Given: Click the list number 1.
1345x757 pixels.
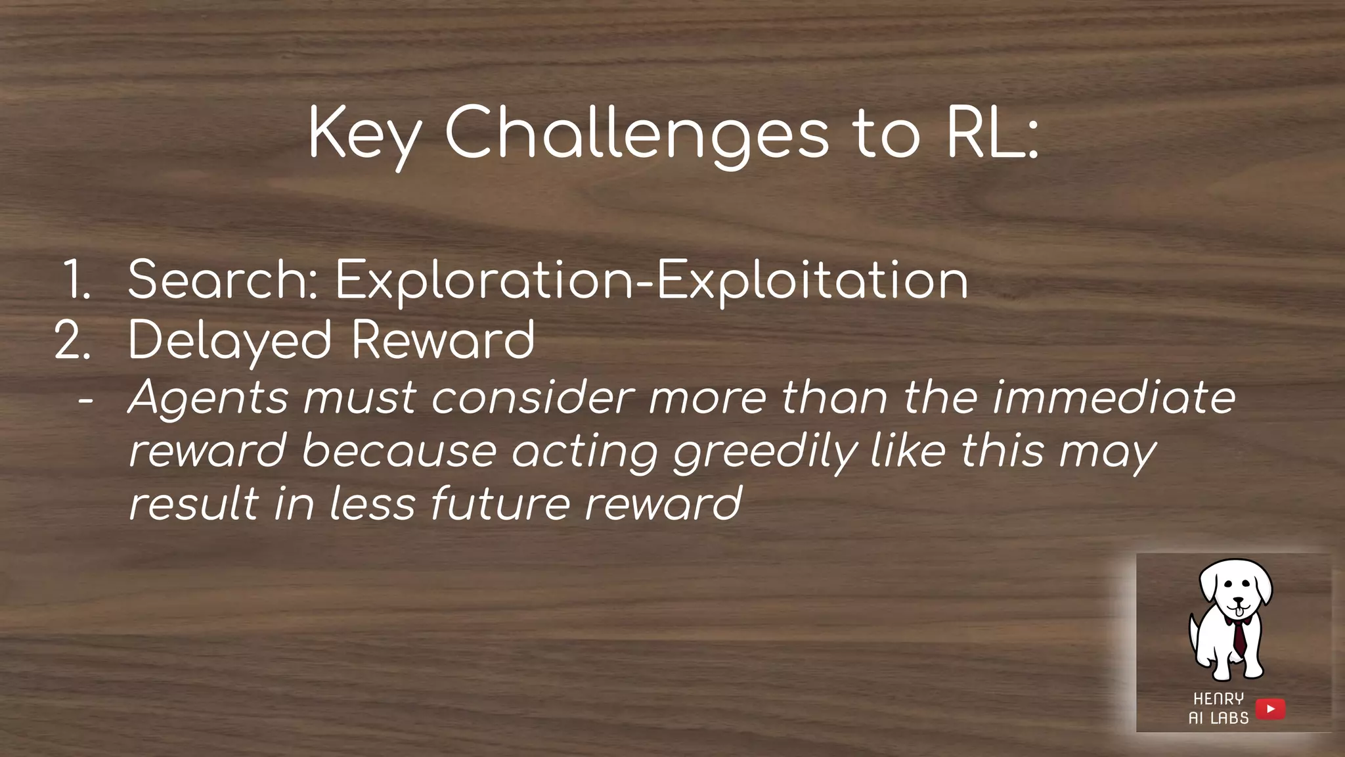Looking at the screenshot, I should pos(77,280).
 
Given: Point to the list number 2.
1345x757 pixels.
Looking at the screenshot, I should pos(72,340).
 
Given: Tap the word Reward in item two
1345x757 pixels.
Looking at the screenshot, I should pos(443,340).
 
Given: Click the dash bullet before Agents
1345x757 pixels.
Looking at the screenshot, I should pos(85,399).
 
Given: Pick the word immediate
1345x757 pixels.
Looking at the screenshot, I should pos(1114,398).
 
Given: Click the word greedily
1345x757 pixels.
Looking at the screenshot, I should pos(766,453).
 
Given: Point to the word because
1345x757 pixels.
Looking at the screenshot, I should pos(399,451).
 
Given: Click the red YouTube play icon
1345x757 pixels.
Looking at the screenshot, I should pos(1270,709).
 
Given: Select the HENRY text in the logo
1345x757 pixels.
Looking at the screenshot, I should pos(1218,699).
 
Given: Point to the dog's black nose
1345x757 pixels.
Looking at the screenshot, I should pos(1238,601).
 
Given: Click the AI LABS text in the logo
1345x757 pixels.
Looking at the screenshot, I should pos(1218,718).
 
